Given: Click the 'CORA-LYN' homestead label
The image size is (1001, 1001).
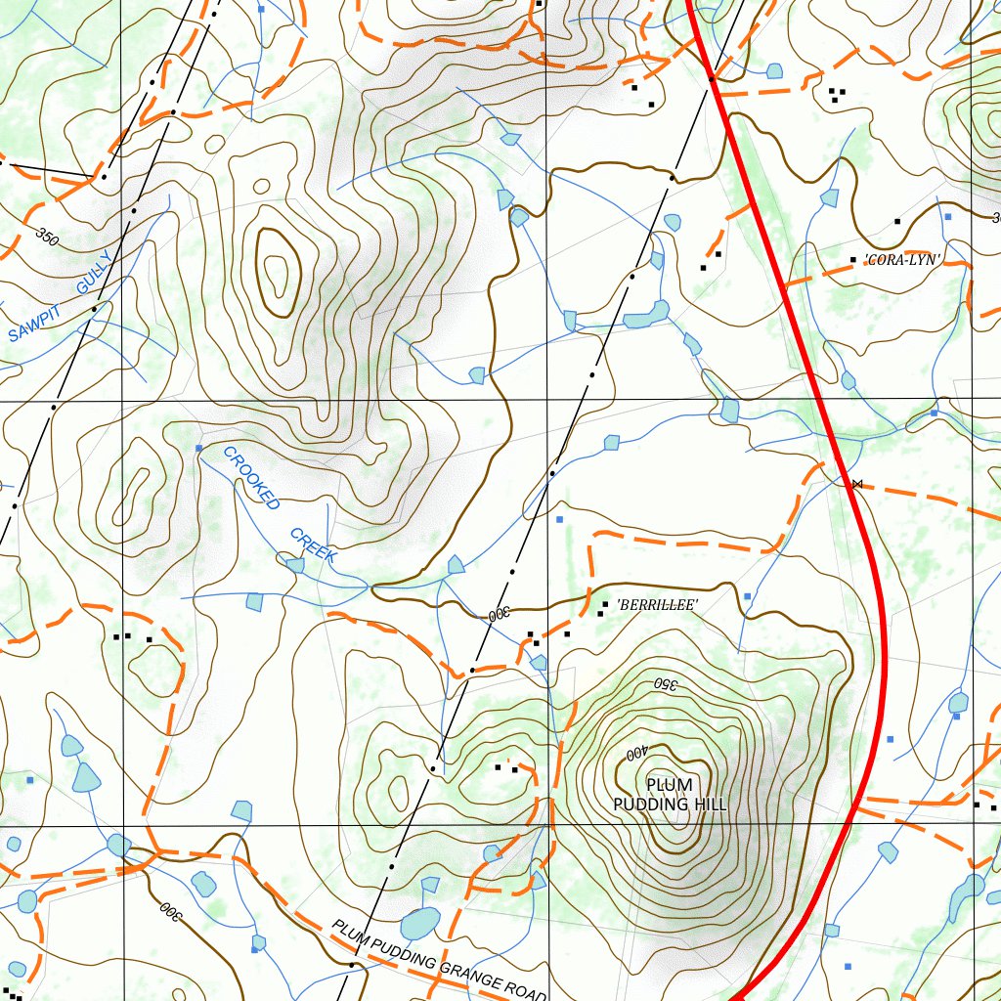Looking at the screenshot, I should [x=902, y=260].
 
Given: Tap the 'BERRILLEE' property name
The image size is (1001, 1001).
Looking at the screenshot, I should [x=657, y=606].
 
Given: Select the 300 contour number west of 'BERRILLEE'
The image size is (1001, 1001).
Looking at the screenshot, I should [x=500, y=615].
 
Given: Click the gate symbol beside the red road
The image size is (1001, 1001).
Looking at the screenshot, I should [x=857, y=484].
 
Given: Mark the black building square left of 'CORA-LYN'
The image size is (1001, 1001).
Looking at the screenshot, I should [x=852, y=260].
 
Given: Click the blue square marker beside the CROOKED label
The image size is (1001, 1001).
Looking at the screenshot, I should [x=199, y=448].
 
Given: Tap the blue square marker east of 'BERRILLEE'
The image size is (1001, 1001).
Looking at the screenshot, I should [x=747, y=595].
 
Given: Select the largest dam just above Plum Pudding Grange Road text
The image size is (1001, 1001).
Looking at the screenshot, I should [x=420, y=923].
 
